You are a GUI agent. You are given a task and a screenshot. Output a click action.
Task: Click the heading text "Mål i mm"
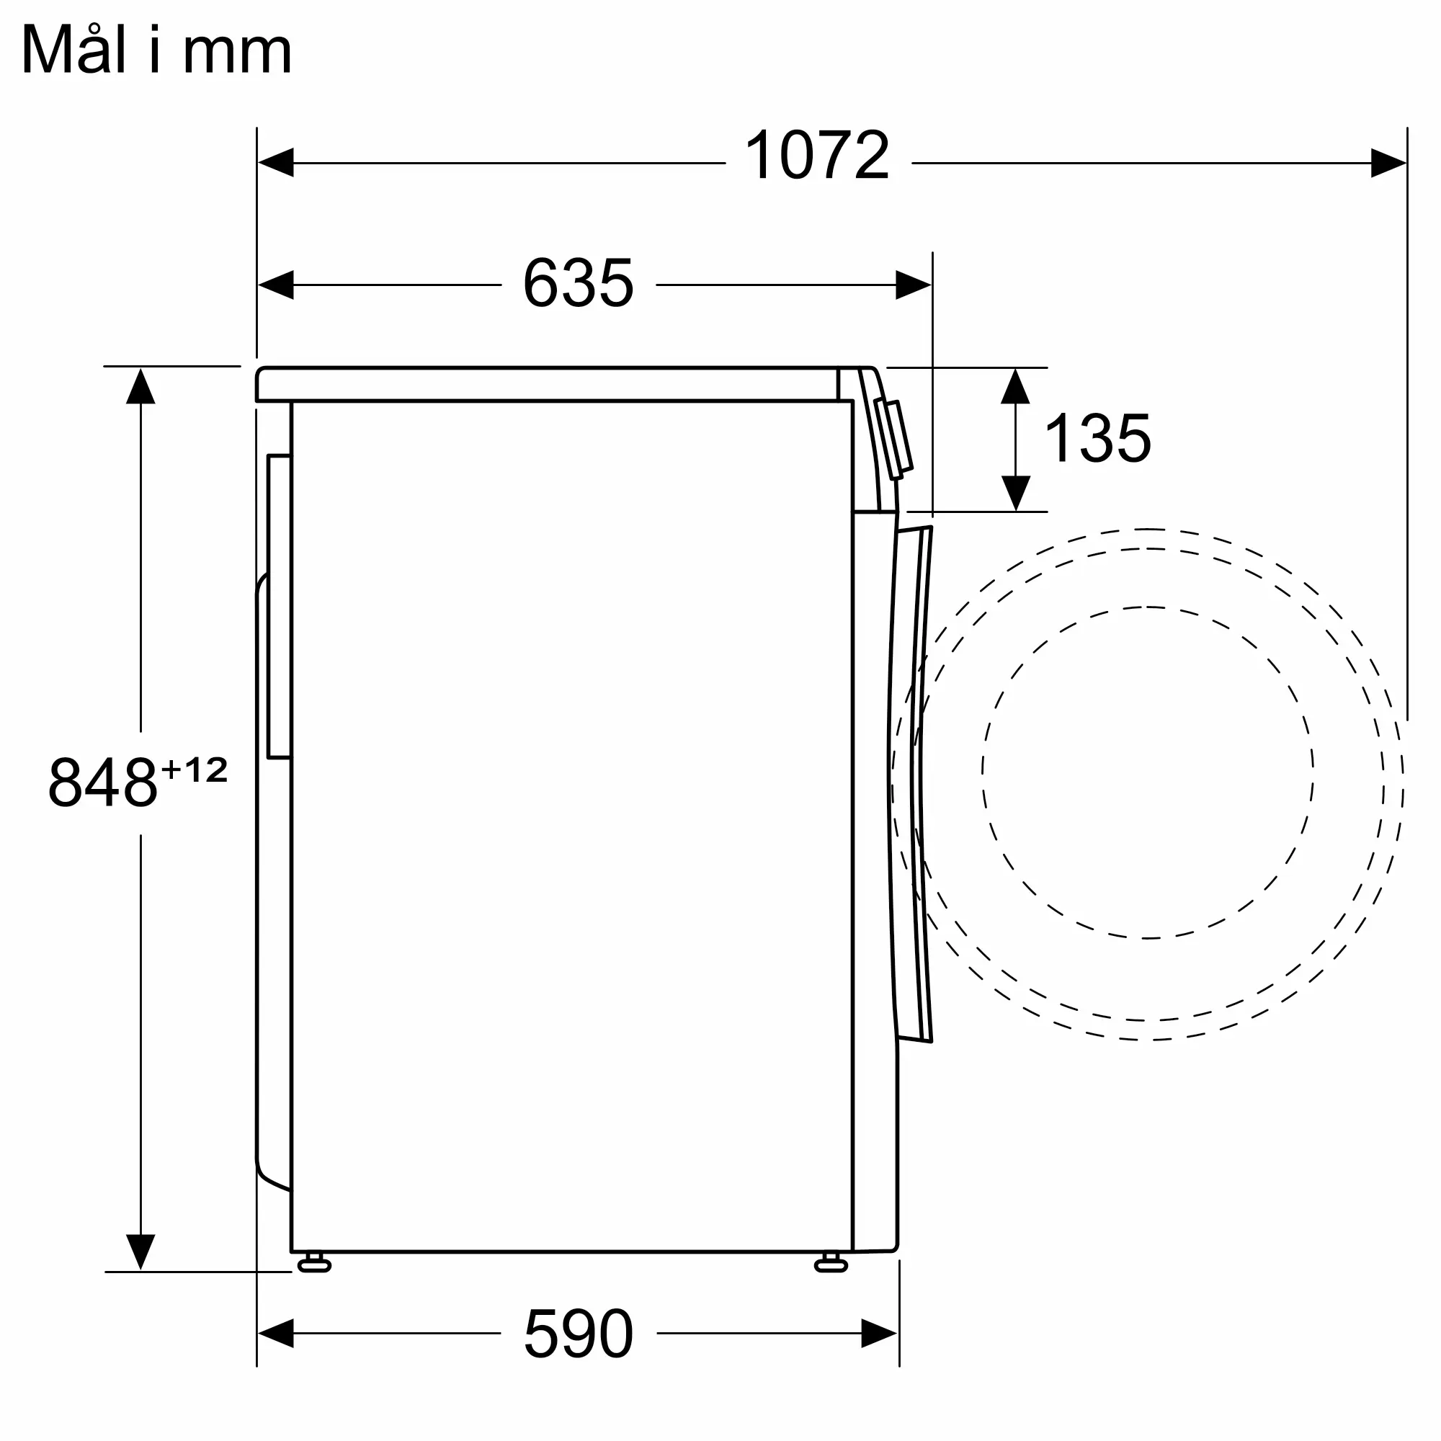click(x=156, y=49)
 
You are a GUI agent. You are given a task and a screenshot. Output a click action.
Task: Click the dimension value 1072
click(x=818, y=155)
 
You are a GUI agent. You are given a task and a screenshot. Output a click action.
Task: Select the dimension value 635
click(x=578, y=282)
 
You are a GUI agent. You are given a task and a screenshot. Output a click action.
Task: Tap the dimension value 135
click(x=1098, y=438)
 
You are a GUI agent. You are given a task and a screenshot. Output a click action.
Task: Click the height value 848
click(x=103, y=782)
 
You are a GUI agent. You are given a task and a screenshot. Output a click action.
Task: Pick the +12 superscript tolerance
click(x=194, y=769)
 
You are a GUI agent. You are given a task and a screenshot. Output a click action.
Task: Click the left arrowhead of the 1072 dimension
click(x=275, y=163)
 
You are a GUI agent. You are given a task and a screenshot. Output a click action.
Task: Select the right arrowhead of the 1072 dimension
click(x=1389, y=163)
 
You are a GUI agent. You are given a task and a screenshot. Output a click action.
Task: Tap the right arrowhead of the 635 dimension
click(x=914, y=285)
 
